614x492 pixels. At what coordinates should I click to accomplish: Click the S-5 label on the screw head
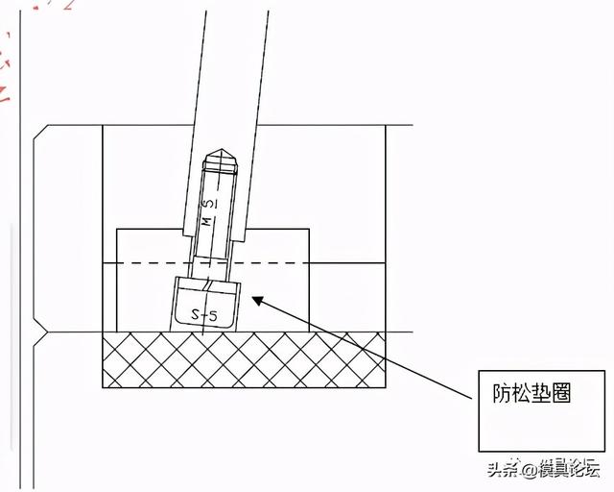pyautogui.click(x=204, y=313)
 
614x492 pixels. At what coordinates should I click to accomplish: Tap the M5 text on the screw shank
pyautogui.click(x=208, y=213)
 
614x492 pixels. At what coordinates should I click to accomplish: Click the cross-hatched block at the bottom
pyautogui.click(x=244, y=359)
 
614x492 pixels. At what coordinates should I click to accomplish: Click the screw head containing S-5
pyautogui.click(x=205, y=305)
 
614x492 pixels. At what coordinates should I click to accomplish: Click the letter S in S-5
pyautogui.click(x=195, y=312)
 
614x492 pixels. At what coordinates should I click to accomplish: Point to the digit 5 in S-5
pyautogui.click(x=214, y=314)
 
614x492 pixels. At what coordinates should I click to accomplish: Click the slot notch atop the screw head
pyautogui.click(x=210, y=286)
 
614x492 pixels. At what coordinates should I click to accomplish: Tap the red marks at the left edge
pyautogui.click(x=5, y=67)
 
